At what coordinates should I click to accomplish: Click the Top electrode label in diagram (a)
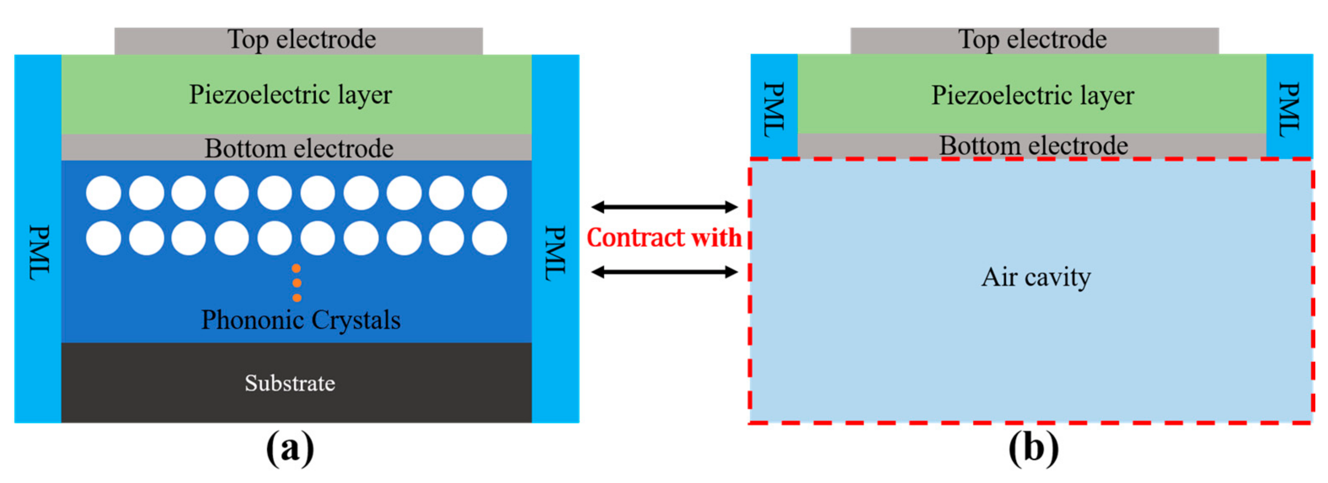tap(302, 40)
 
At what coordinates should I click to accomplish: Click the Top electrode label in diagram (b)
tap(1032, 40)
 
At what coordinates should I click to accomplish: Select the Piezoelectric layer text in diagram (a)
tap(290, 95)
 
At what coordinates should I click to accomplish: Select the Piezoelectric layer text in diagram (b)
tap(1032, 95)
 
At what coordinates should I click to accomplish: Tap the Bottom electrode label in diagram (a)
tap(299, 148)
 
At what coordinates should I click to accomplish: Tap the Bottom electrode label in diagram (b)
tap(1033, 146)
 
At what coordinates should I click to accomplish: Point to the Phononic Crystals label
tap(300, 320)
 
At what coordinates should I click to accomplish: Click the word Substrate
tap(290, 383)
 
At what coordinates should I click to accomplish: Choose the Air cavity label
tap(1036, 278)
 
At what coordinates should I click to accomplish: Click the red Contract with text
tap(664, 238)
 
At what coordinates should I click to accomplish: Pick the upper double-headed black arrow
tap(664, 207)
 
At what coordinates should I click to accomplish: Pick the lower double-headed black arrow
tap(664, 271)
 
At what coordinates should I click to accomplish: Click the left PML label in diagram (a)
tap(39, 252)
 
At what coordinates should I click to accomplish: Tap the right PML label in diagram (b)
tap(1289, 110)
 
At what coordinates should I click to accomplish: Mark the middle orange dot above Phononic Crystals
tap(297, 283)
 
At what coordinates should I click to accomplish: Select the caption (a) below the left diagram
tap(290, 448)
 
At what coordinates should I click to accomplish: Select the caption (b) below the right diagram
tap(1033, 448)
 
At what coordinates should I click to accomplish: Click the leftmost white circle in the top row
tap(103, 193)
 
